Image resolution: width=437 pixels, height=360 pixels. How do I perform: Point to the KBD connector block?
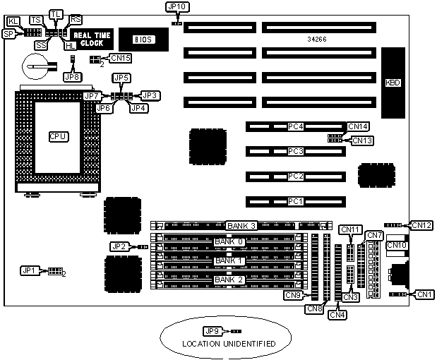click(x=393, y=83)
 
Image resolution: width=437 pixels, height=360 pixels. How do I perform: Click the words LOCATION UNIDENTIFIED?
click(x=227, y=344)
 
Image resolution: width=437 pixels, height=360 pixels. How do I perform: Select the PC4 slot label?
click(x=295, y=127)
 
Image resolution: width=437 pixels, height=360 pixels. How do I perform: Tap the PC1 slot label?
click(x=295, y=202)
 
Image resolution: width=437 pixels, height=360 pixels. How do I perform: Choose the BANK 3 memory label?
click(x=241, y=226)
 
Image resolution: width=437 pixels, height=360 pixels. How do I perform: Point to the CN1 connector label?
click(x=424, y=294)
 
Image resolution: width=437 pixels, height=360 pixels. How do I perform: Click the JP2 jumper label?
click(x=119, y=246)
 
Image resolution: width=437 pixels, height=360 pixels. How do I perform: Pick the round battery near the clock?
click(x=35, y=68)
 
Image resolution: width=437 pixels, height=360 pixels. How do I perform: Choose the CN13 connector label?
click(x=361, y=140)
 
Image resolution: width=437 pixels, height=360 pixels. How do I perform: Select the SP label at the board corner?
click(x=9, y=33)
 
